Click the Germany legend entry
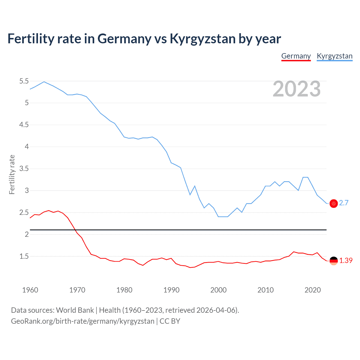click(296, 56)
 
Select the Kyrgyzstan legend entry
click(334, 56)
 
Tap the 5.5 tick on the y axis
click(24, 81)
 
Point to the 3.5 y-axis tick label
click(24, 169)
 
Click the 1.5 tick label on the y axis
click(24, 256)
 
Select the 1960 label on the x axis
click(30, 290)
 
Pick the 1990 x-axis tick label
click(171, 290)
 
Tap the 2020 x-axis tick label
click(312, 290)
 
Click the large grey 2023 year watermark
click(296, 89)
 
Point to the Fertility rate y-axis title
click(12, 174)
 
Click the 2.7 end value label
click(344, 203)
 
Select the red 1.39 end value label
click(346, 260)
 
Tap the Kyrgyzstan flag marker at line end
click(334, 203)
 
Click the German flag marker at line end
click(334, 261)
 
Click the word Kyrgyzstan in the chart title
click(202, 39)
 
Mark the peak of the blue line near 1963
click(44, 82)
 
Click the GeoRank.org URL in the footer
click(82, 321)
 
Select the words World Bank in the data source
click(75, 310)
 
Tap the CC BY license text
click(170, 321)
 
